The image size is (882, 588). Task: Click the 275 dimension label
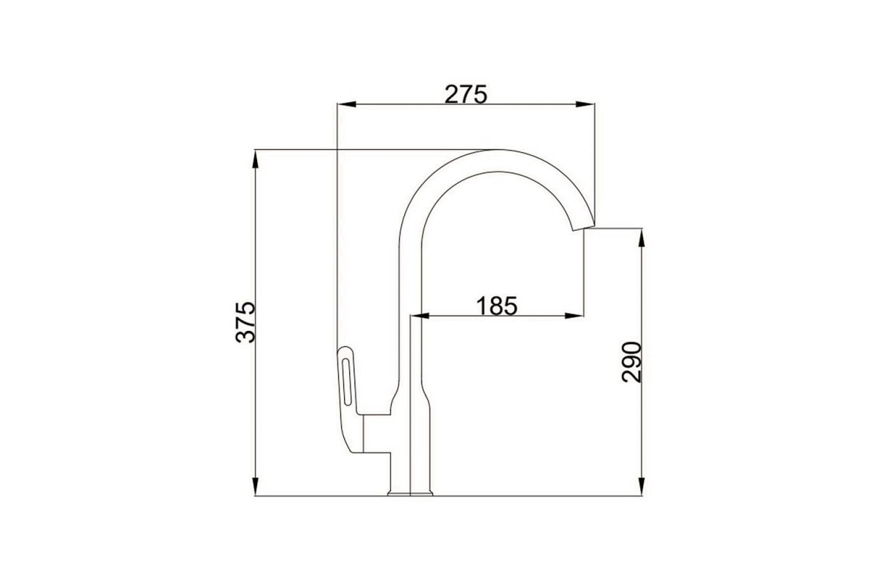(466, 95)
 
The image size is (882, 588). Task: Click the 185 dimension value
(497, 306)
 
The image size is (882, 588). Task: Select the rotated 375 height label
(245, 322)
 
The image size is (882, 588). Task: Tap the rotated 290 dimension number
(631, 362)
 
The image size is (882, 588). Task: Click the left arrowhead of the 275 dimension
(346, 104)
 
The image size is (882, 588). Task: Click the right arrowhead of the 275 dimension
(585, 104)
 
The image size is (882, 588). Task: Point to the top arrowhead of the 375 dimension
(255, 159)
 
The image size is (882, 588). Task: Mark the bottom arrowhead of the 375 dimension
(255, 487)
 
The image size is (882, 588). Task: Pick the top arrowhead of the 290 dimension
(642, 237)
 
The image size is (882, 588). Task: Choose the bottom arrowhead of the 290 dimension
(642, 487)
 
